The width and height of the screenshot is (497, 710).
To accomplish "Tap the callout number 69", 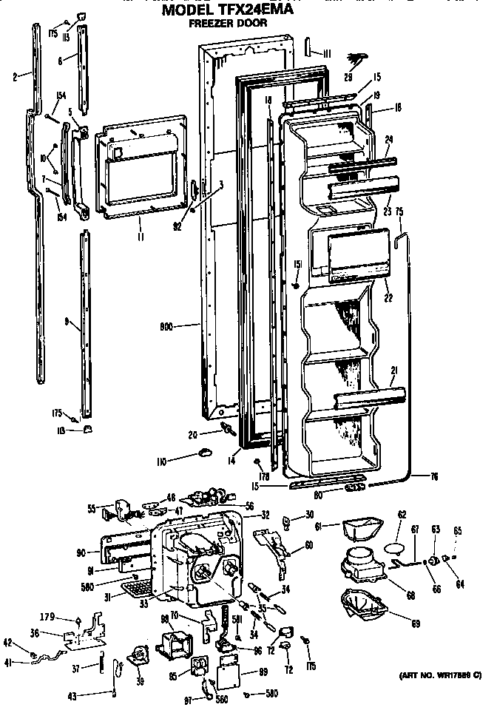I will pyautogui.click(x=415, y=623).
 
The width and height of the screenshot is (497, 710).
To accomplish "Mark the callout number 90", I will pyautogui.click(x=80, y=552).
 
